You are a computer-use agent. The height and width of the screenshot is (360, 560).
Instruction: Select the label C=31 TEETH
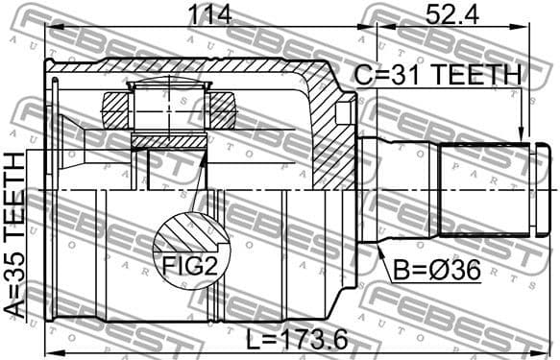tap(438, 75)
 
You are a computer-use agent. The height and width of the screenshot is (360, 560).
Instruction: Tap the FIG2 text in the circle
tap(189, 266)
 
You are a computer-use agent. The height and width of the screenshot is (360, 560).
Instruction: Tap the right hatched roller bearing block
tap(223, 108)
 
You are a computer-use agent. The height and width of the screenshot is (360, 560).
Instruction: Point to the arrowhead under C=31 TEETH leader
tap(522, 137)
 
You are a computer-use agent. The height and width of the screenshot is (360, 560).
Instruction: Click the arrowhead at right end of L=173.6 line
tap(545, 349)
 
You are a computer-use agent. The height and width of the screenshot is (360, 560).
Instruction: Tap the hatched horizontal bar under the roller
tap(168, 141)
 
